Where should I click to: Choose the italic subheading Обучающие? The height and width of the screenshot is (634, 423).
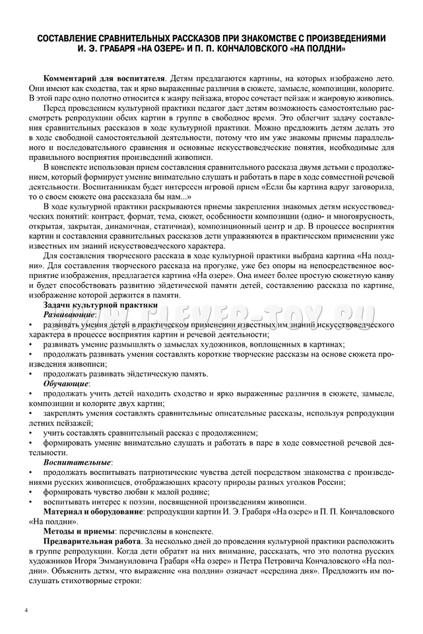click(x=67, y=383)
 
